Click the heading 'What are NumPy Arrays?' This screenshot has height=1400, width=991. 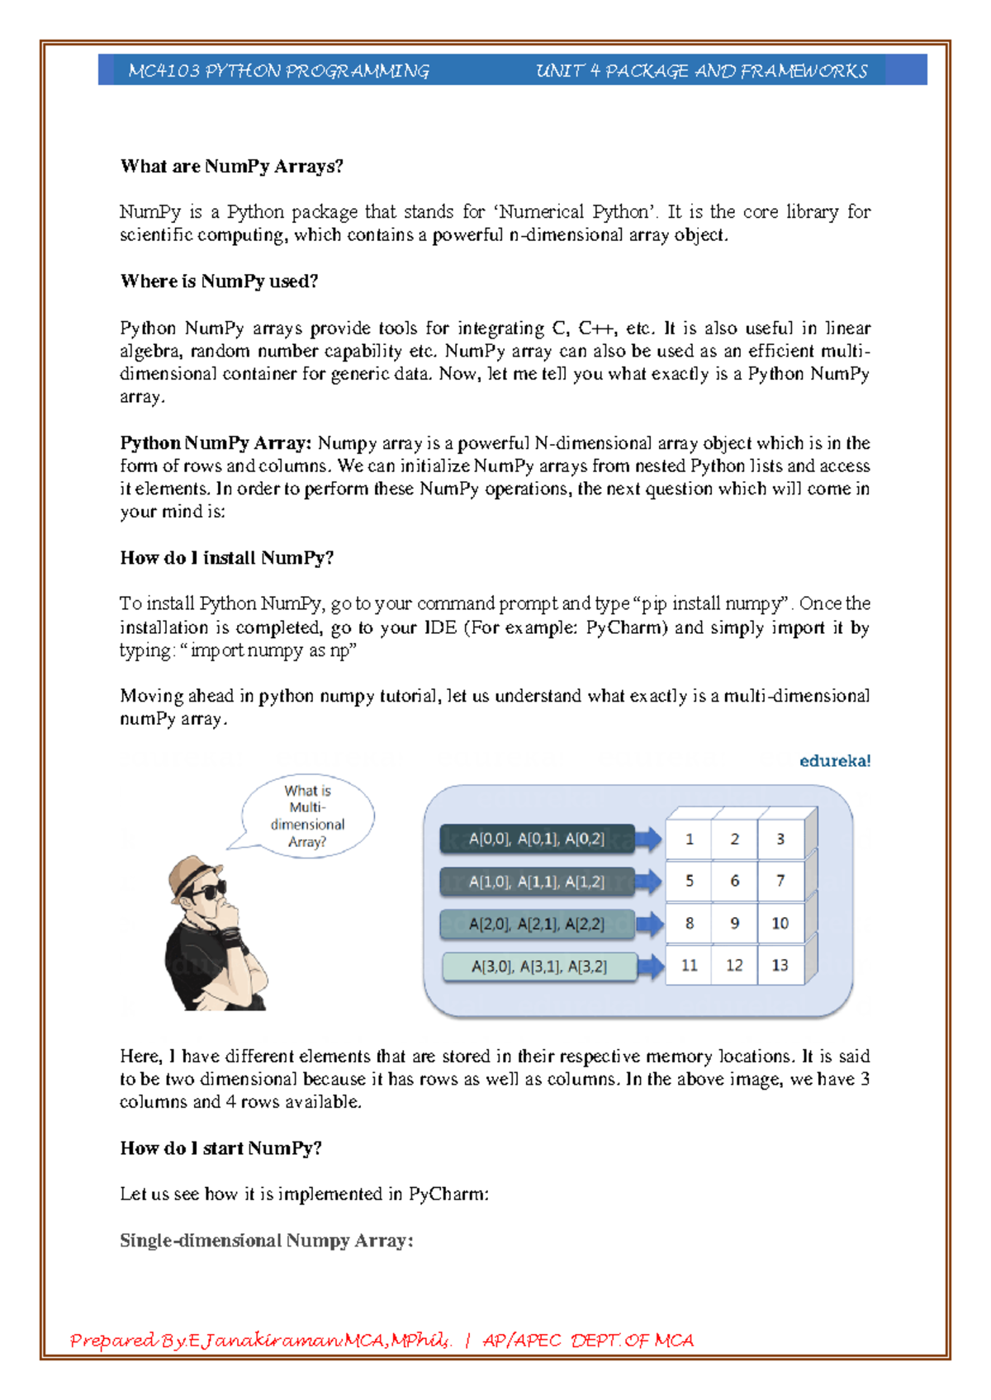(x=231, y=167)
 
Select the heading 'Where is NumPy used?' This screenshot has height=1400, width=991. (x=219, y=281)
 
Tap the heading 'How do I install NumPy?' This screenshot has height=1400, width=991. (x=226, y=558)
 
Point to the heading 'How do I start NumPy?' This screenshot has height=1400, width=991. (x=220, y=1148)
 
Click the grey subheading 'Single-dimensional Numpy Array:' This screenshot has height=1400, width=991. (x=266, y=1241)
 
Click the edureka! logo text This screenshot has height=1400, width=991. (x=834, y=761)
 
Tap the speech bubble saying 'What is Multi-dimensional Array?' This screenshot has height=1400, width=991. (x=307, y=816)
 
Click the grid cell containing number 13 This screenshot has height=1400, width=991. (x=780, y=966)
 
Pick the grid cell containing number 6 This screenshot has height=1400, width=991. (x=734, y=882)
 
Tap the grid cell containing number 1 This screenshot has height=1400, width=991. (x=690, y=840)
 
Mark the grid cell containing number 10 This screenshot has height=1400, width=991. (x=780, y=924)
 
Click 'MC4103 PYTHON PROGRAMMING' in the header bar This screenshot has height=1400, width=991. (x=278, y=71)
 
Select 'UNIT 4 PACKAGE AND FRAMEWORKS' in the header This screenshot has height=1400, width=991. (x=701, y=71)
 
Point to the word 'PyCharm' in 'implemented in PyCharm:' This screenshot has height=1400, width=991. (x=447, y=1194)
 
